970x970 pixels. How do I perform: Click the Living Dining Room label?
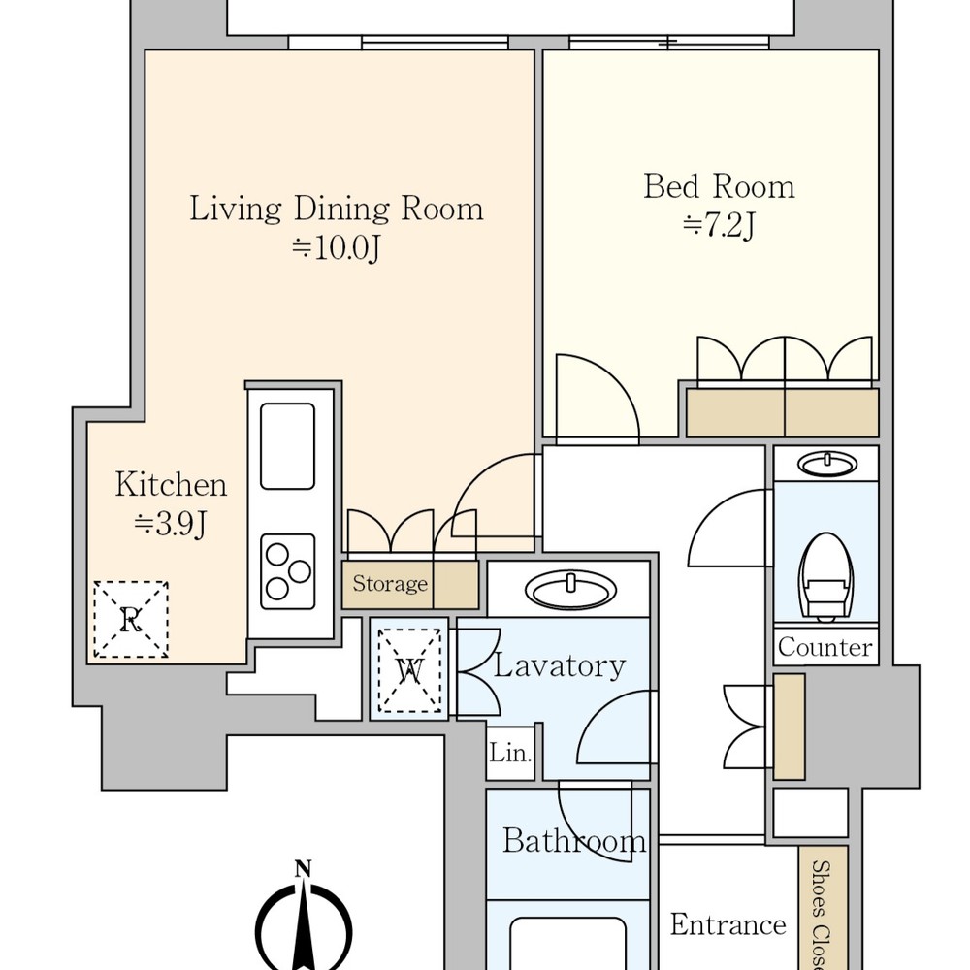[336, 209]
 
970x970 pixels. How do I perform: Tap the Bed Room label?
[719, 186]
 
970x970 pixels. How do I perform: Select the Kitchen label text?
[171, 484]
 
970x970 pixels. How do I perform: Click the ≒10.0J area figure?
[336, 248]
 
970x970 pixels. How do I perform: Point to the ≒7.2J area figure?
[719, 226]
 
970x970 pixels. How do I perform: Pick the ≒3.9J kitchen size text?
[171, 525]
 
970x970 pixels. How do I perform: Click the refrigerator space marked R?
[131, 619]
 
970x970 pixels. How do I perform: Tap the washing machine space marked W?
[409, 669]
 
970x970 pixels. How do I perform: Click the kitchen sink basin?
[288, 446]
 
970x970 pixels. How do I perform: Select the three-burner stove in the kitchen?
[288, 571]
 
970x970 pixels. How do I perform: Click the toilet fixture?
[825, 576]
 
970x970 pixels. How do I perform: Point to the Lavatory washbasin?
[570, 589]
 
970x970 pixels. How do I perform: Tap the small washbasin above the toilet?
[827, 464]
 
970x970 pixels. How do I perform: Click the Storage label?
[390, 583]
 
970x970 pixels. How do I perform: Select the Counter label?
[825, 647]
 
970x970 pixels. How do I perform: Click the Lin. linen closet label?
[510, 753]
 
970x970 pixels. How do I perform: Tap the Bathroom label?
[574, 841]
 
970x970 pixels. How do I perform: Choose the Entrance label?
[728, 924]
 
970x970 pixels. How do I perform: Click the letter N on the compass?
[303, 869]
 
